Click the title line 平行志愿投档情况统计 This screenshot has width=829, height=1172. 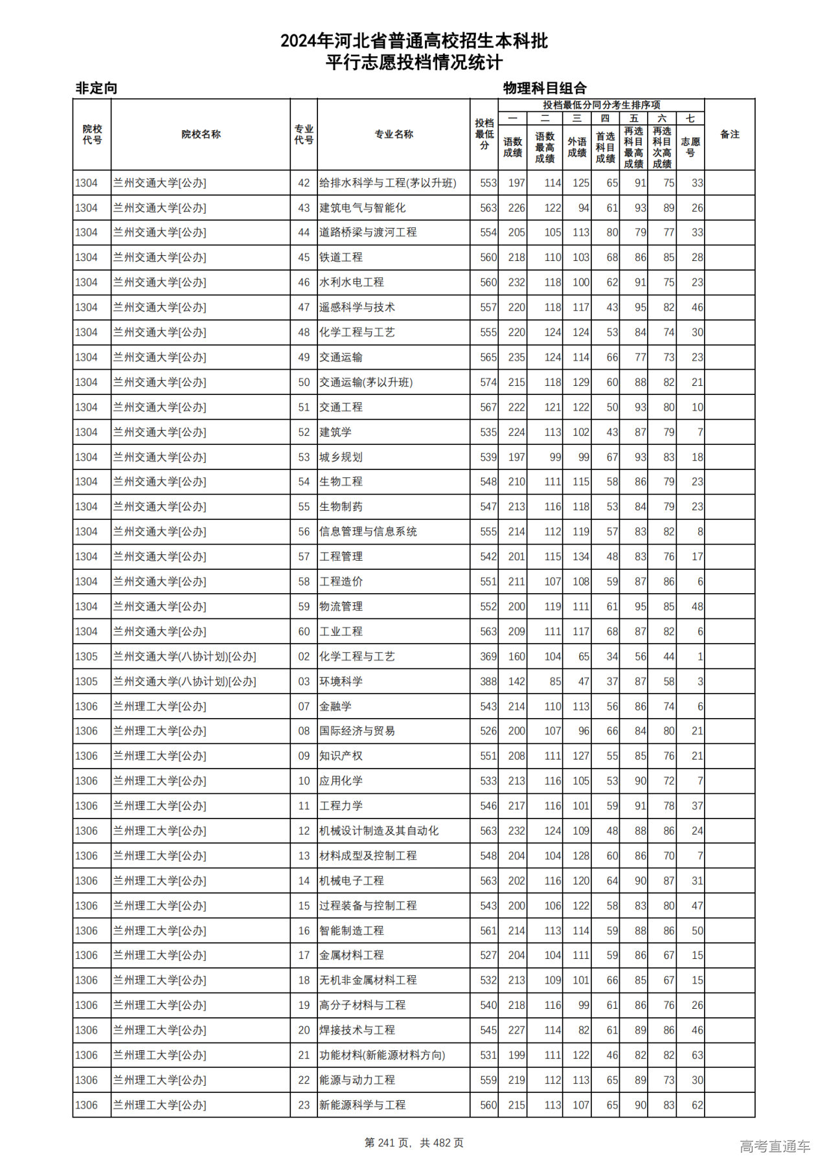(414, 63)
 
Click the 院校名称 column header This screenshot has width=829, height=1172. (201, 135)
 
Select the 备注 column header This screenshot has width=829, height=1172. (729, 135)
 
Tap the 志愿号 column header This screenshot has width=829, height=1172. (690, 147)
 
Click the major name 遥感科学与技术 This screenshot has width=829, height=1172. (357, 308)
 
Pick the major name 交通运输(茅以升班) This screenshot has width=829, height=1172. (366, 383)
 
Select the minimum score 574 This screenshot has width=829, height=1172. (488, 383)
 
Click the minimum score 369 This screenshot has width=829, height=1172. (488, 657)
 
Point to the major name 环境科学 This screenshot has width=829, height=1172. (341, 682)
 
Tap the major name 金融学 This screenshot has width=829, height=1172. (335, 706)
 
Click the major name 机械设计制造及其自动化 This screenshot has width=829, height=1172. (379, 831)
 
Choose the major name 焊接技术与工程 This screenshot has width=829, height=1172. (357, 1030)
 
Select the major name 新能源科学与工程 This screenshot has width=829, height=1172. (362, 1105)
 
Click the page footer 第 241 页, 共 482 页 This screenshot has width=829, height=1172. (414, 1143)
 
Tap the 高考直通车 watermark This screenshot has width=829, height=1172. (775, 1146)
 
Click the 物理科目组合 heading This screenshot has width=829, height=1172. (545, 88)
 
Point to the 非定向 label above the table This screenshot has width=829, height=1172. (97, 88)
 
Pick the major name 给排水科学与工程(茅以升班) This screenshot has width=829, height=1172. (387, 183)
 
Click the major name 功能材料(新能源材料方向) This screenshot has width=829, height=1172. (382, 1055)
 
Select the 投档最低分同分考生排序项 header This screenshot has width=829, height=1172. (601, 105)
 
